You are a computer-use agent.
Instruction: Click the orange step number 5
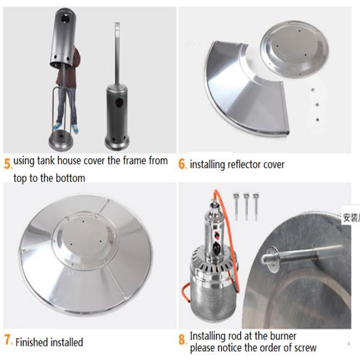7,164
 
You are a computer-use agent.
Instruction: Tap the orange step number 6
182,164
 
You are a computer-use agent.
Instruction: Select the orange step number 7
7,340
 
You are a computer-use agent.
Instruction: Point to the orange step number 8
182,340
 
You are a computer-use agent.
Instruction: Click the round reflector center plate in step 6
295,50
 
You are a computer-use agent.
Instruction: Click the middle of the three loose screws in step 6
317,104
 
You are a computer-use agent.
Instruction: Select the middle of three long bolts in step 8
247,206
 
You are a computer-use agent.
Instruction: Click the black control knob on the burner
217,247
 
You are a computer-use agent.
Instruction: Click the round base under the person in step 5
61,140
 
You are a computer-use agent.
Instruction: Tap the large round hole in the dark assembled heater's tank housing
119,102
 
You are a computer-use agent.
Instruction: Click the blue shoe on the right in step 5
75,129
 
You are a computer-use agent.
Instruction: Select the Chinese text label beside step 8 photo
351,218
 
